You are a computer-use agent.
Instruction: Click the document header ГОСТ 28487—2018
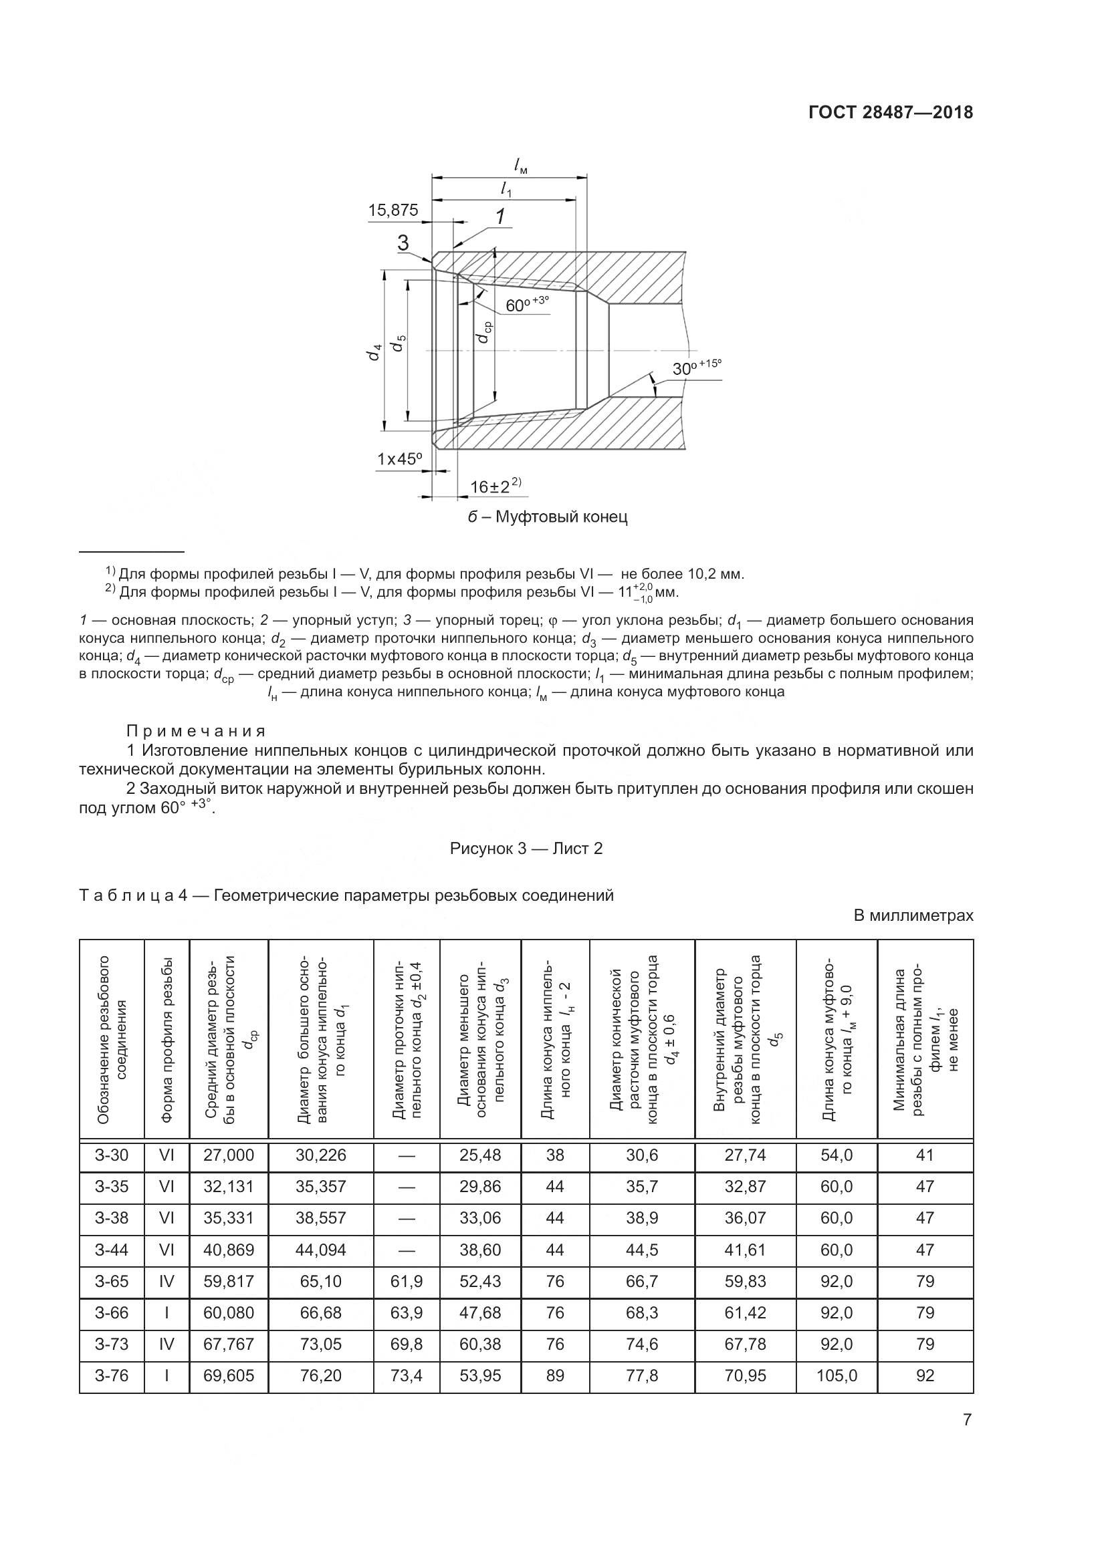tap(891, 113)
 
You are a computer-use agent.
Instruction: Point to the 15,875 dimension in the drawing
tap(393, 210)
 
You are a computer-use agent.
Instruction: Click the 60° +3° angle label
tap(526, 305)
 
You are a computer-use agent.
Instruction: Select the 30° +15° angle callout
tap(695, 368)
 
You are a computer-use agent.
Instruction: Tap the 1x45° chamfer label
tap(400, 460)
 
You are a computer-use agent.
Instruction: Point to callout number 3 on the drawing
tap(403, 243)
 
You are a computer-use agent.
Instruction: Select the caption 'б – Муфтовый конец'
tap(548, 517)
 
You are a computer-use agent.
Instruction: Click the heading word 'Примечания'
tap(195, 731)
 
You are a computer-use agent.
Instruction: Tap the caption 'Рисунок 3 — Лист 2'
tap(526, 848)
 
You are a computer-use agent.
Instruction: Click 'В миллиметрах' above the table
tap(913, 915)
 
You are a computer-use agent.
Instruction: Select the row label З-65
tap(112, 1281)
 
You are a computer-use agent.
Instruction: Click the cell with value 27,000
tap(229, 1155)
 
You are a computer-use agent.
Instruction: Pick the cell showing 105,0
tap(837, 1376)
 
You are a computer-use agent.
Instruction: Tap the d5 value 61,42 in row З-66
tap(745, 1312)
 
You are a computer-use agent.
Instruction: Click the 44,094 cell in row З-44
tap(321, 1250)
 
